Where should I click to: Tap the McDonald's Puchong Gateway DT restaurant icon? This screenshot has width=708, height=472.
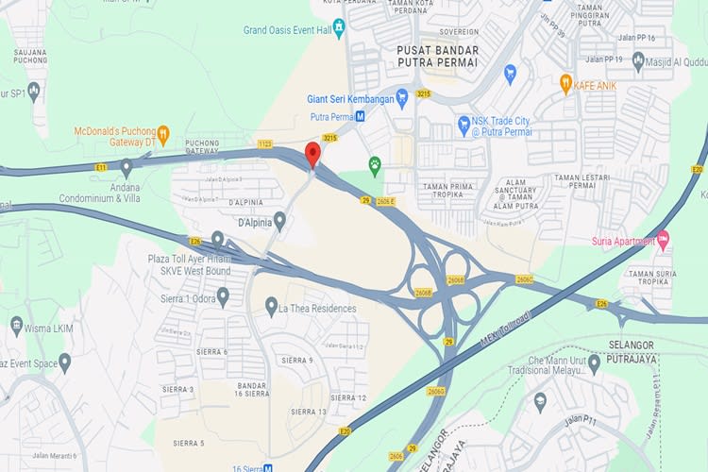(x=162, y=134)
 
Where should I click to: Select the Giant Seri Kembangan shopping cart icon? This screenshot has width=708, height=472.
(x=401, y=98)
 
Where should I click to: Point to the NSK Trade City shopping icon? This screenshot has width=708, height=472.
(x=464, y=124)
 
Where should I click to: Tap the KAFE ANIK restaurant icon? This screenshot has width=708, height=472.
(x=565, y=83)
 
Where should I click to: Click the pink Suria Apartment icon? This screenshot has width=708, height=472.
(x=663, y=240)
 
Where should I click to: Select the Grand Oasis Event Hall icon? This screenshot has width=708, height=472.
(x=339, y=28)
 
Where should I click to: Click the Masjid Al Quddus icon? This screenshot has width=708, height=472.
(x=638, y=62)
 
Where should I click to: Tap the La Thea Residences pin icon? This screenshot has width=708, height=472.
(x=271, y=307)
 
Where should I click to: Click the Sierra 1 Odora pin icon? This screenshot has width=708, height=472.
(x=223, y=296)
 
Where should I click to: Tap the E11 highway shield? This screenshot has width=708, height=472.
(x=101, y=167)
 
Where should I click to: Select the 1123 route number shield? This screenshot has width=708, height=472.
(x=264, y=143)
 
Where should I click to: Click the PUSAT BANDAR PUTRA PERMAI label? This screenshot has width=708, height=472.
(x=437, y=56)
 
